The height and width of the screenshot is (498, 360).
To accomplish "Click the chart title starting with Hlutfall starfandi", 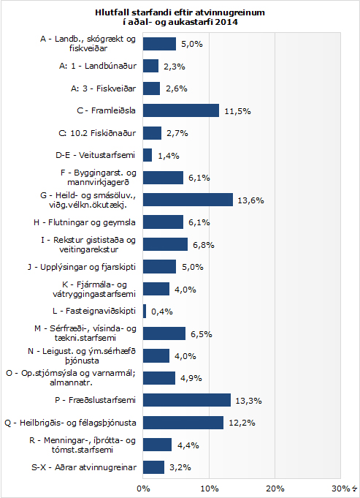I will pos(180,17).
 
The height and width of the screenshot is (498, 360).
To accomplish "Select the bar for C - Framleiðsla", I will pos(180,110).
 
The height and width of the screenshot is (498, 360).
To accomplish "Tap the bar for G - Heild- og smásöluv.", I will pos(188,200).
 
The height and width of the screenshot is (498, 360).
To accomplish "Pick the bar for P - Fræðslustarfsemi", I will pos(186,400).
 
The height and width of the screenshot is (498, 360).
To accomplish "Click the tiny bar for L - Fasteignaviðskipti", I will pos(145,312).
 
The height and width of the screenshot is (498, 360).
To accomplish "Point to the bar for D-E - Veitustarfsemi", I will pos(148,155).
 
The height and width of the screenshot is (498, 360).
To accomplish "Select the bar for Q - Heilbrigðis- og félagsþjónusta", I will pos(183,422).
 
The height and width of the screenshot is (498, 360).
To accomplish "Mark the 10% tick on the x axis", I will pos(210,488).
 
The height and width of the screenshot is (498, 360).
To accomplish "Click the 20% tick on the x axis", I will pos(275,488).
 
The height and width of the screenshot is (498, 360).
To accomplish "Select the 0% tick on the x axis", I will pos(143,488).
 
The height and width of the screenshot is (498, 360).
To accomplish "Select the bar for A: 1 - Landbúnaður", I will pos(150,66).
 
